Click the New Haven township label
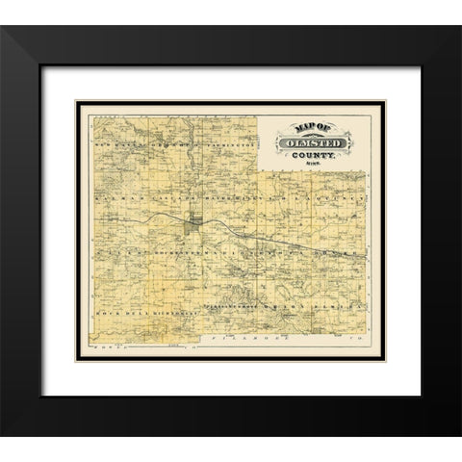(x=116, y=145)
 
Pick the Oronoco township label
(x=158, y=145)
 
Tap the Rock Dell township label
(x=116, y=314)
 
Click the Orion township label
(x=289, y=314)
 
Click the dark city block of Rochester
(x=193, y=227)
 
